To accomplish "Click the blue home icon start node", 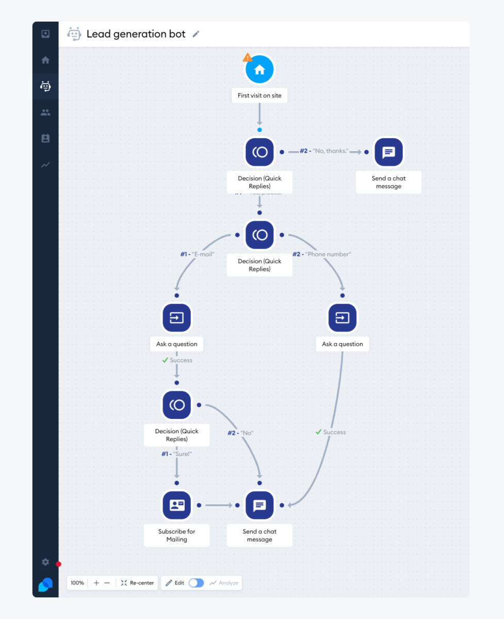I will point(259,70).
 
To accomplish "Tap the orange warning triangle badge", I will point(248,57).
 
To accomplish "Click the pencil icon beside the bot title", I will point(196,34).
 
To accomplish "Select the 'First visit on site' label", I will point(259,95).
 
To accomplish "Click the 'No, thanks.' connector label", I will point(324,151).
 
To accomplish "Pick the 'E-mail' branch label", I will point(197,254).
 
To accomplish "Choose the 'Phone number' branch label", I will point(322,254).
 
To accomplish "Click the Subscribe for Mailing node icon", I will point(176,505).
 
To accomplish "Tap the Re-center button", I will point(137,583).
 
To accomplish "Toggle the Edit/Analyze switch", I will point(196,583).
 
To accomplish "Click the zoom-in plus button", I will point(96,583).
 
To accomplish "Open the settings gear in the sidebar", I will point(45,562).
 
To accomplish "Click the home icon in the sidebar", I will point(45,60).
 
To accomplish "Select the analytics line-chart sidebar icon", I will point(45,165).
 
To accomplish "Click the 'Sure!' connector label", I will point(176,454).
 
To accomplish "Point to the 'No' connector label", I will point(240,433).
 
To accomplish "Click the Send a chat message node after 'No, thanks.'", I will point(388,152).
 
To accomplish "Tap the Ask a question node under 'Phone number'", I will point(343,318).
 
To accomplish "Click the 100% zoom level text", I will point(77,583).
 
